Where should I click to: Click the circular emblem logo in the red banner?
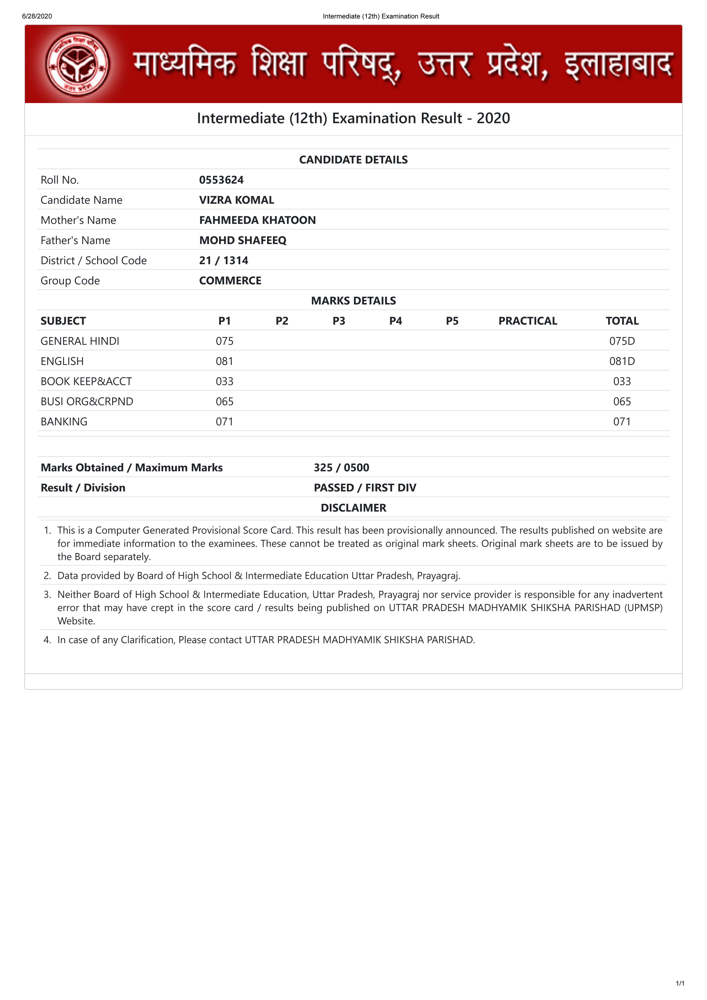[78, 64]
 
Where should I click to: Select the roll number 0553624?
[221, 180]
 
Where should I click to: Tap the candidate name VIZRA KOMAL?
[237, 200]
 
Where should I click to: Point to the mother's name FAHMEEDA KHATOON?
[257, 220]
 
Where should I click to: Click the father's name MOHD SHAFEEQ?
[243, 240]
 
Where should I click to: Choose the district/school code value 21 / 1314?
[224, 260]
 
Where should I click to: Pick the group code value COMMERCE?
[230, 281]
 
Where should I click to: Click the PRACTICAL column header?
[528, 321]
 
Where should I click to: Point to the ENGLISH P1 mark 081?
[224, 361]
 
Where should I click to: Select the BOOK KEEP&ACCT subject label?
[86, 381]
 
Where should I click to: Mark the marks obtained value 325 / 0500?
[341, 467]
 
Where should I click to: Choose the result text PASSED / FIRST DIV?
[365, 487]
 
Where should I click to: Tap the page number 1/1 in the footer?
[680, 983]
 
